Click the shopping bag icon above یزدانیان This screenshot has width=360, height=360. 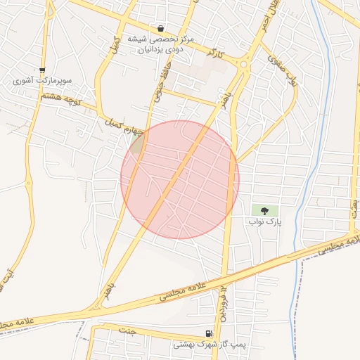[x=161, y=29]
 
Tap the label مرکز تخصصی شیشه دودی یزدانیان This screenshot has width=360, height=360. [x=161, y=44]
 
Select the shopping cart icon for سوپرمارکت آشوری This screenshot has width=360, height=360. [x=43, y=70]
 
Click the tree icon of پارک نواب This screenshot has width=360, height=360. [x=264, y=210]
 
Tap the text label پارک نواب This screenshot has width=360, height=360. [x=264, y=221]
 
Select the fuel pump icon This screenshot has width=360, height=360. [x=208, y=334]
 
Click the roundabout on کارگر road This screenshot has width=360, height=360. [x=243, y=65]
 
